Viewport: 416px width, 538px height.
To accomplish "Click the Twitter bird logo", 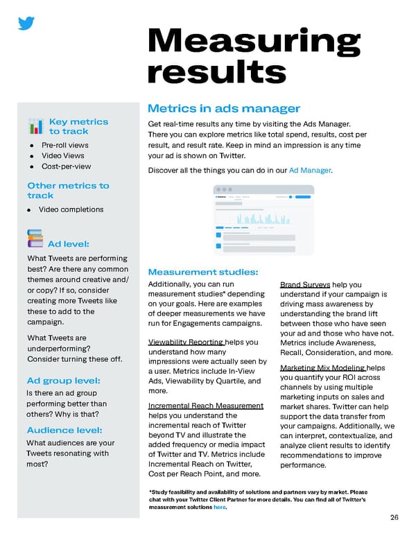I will (x=26, y=24).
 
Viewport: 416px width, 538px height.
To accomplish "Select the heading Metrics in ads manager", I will (x=223, y=108).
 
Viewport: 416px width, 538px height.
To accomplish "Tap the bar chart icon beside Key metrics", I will (x=35, y=126).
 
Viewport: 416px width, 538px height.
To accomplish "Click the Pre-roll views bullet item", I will (x=64, y=145).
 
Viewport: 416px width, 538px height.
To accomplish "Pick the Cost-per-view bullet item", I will (x=66, y=166).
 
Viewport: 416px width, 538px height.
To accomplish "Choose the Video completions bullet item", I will (x=71, y=209).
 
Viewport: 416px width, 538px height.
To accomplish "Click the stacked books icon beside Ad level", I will (x=35, y=238).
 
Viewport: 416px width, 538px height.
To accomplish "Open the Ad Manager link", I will (x=310, y=170).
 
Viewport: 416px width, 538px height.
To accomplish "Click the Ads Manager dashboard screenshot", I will (x=263, y=219).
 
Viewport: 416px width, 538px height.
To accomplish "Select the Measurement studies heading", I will (x=203, y=272).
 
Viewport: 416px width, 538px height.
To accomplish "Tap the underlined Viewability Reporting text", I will (x=186, y=342).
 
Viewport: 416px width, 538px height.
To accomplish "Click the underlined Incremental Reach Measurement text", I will (x=206, y=405).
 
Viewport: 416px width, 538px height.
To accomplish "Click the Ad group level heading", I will (x=64, y=381).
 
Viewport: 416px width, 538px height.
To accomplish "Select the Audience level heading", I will (x=64, y=430).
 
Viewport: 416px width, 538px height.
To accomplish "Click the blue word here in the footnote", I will (x=219, y=507).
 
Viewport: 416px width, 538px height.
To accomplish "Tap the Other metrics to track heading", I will (x=68, y=190).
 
